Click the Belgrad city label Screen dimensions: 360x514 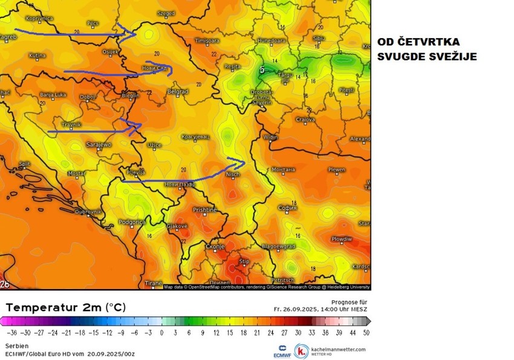click(178, 92)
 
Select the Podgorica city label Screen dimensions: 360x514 click(133, 223)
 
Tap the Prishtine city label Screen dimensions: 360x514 click(204, 210)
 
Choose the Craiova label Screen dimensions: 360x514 click(305, 120)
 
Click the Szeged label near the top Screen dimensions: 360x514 click(166, 13)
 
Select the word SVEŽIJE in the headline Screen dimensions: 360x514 click(452, 56)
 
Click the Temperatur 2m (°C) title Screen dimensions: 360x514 click(65, 307)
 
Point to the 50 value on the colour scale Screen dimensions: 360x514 click(365, 333)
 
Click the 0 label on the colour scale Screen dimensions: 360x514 click(161, 333)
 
